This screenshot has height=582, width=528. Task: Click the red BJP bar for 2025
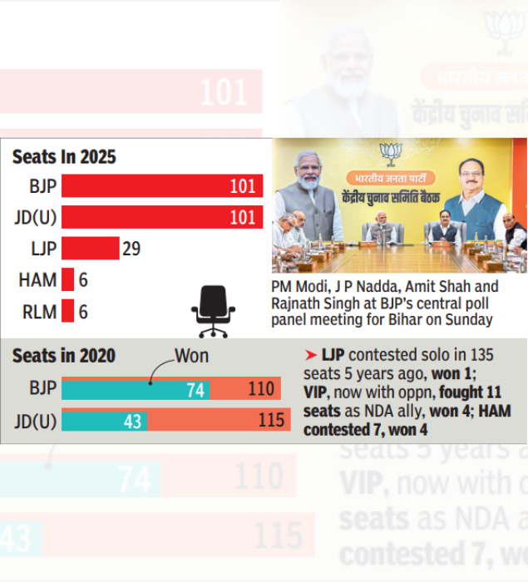tap(162, 186)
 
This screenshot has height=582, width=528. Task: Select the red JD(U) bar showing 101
tap(162, 217)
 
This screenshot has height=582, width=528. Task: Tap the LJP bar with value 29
tap(91, 248)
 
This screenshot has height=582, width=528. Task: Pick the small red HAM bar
tap(68, 280)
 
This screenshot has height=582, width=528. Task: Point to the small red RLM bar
tap(68, 312)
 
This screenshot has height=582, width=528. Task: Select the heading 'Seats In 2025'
tap(64, 156)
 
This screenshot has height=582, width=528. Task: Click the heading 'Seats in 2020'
tap(64, 357)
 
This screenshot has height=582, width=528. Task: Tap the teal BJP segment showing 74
tap(135, 389)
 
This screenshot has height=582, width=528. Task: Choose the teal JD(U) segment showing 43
tap(105, 421)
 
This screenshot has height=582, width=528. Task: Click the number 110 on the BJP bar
tap(260, 389)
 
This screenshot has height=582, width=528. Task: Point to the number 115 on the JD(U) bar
tap(271, 421)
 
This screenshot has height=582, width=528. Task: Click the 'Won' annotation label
tap(192, 357)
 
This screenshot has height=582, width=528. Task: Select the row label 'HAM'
tap(37, 280)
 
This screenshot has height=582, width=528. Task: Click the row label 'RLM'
tap(37, 312)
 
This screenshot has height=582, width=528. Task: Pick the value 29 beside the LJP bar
tap(131, 248)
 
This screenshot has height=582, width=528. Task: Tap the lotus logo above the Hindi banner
tap(388, 152)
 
